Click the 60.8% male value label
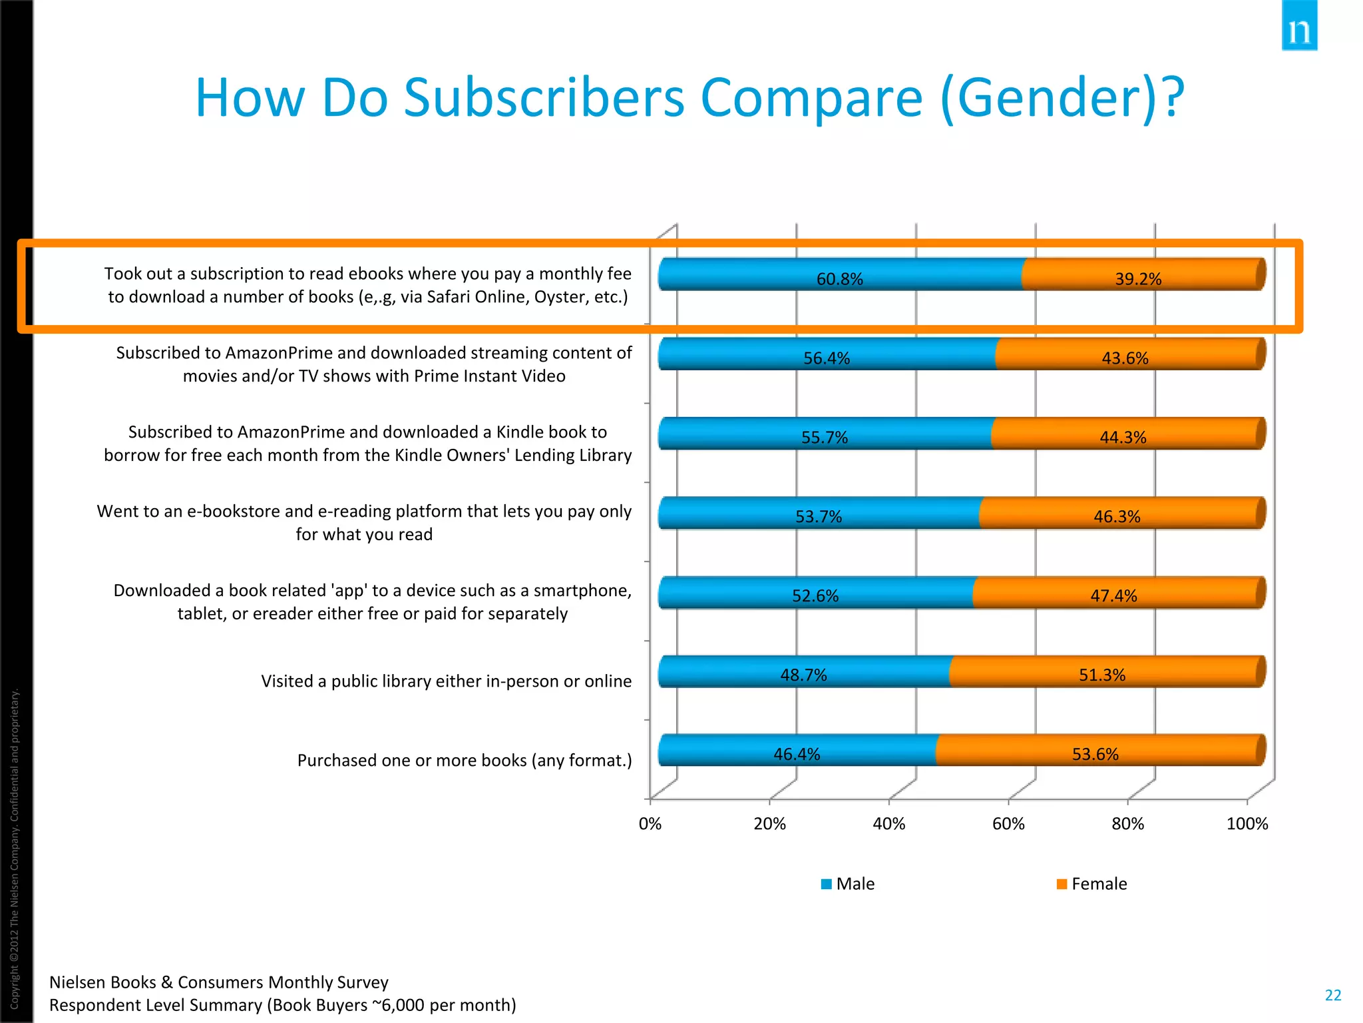click(839, 279)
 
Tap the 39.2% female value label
click(1138, 279)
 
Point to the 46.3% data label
click(1117, 516)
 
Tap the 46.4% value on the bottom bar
click(797, 754)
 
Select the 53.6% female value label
click(1095, 754)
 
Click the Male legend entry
click(848, 884)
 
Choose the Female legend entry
click(1092, 884)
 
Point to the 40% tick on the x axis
click(889, 824)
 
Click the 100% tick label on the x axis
click(1247, 824)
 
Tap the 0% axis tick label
click(650, 824)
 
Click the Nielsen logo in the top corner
click(1299, 27)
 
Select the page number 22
click(1333, 995)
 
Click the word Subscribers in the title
click(544, 98)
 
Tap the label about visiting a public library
click(446, 681)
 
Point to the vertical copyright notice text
click(15, 846)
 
